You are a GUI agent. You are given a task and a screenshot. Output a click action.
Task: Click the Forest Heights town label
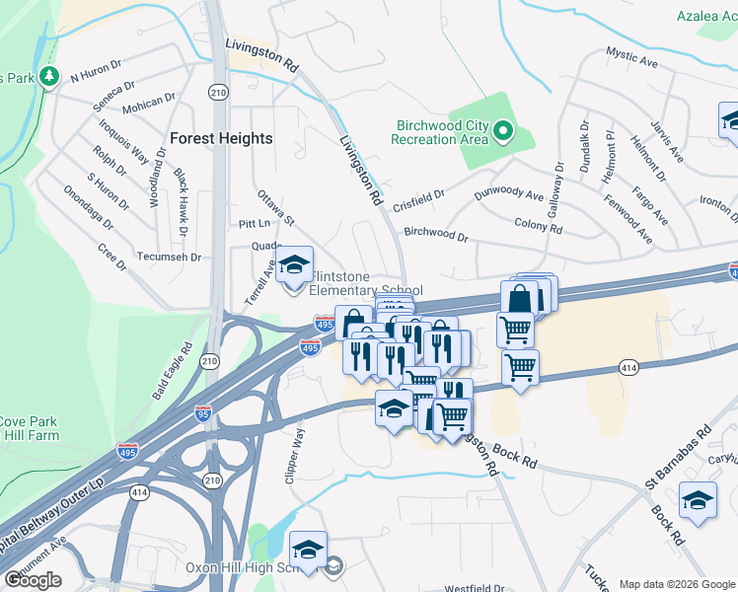coord(220,138)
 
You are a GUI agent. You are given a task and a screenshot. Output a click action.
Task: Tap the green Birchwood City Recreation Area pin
coord(502,130)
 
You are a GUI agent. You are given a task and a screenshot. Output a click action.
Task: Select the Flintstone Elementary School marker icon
coord(294,265)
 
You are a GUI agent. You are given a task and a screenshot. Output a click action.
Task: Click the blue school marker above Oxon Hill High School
coord(308,550)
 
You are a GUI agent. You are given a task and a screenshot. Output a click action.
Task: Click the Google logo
coord(33,580)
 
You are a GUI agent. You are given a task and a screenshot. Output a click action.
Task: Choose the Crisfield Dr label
coord(419,201)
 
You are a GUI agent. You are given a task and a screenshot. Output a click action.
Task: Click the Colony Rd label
coord(538,227)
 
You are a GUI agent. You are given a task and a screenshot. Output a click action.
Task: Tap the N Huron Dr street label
coord(97,75)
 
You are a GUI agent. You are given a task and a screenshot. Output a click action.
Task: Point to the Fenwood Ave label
coord(627,224)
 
